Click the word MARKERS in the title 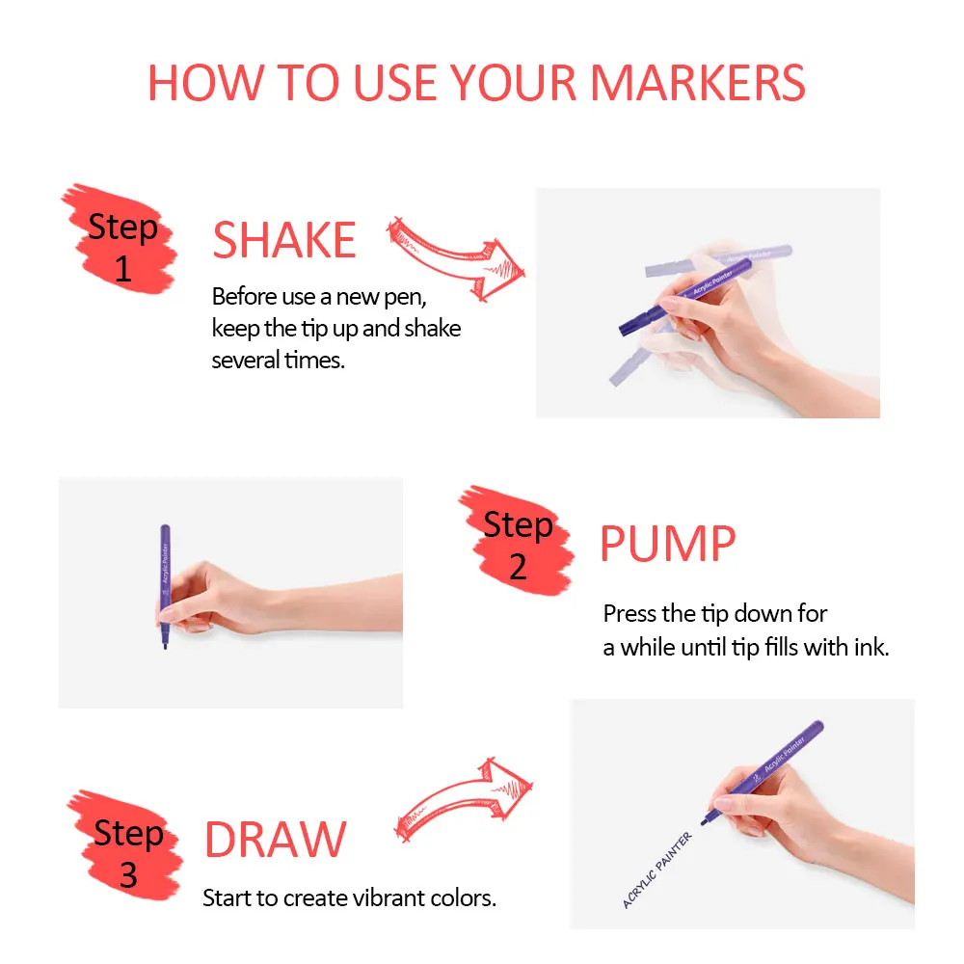click(697, 84)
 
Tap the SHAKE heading click(284, 241)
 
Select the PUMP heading click(667, 546)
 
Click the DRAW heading click(275, 841)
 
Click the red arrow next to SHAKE click(458, 256)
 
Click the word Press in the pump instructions click(630, 613)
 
